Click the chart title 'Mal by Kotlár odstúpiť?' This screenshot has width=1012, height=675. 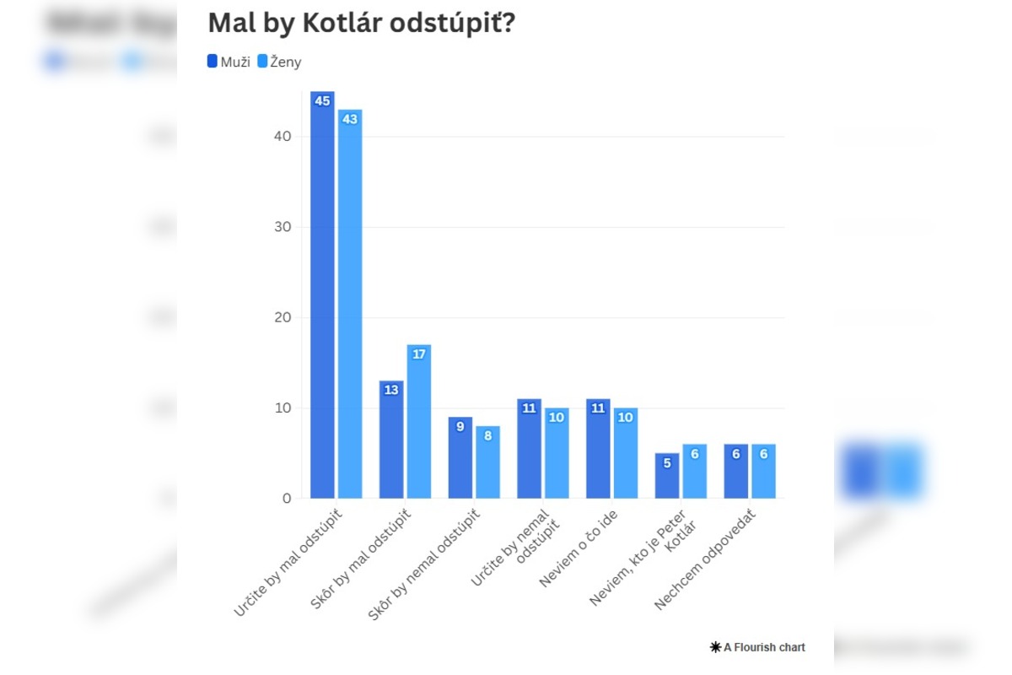tap(361, 24)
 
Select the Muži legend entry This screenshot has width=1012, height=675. tap(229, 62)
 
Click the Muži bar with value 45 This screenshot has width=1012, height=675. tap(322, 295)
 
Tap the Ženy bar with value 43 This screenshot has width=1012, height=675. tap(350, 304)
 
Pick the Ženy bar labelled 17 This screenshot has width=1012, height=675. tap(419, 422)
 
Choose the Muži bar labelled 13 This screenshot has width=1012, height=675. tap(391, 440)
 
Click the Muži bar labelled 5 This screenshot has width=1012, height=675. tap(667, 476)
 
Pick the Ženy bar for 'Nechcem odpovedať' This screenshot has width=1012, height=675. tap(763, 472)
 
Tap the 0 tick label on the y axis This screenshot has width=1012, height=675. tap(286, 499)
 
